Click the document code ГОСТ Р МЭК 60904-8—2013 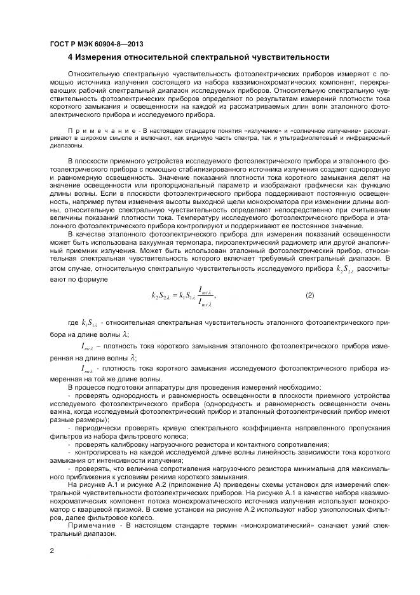coord(96,44)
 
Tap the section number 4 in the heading coord(71,57)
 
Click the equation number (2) coord(309,295)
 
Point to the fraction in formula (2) coord(207,296)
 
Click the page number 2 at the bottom coord(51,551)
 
